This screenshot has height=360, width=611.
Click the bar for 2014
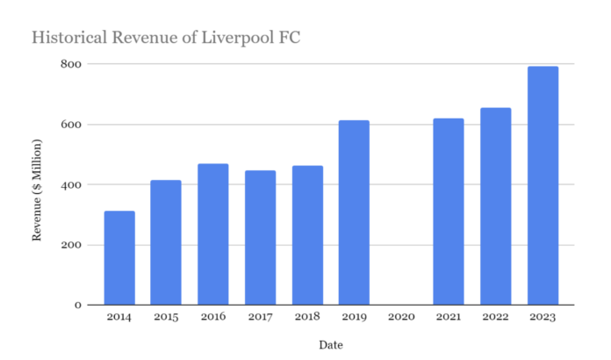[119, 258]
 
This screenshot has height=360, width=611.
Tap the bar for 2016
[213, 234]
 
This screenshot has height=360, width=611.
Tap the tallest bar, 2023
[543, 185]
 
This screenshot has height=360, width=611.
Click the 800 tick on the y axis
[71, 64]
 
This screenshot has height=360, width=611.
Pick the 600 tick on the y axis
[71, 125]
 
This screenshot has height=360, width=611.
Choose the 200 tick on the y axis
[71, 245]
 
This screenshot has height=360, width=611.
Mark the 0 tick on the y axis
[77, 305]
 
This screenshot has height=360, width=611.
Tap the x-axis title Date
[331, 344]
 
